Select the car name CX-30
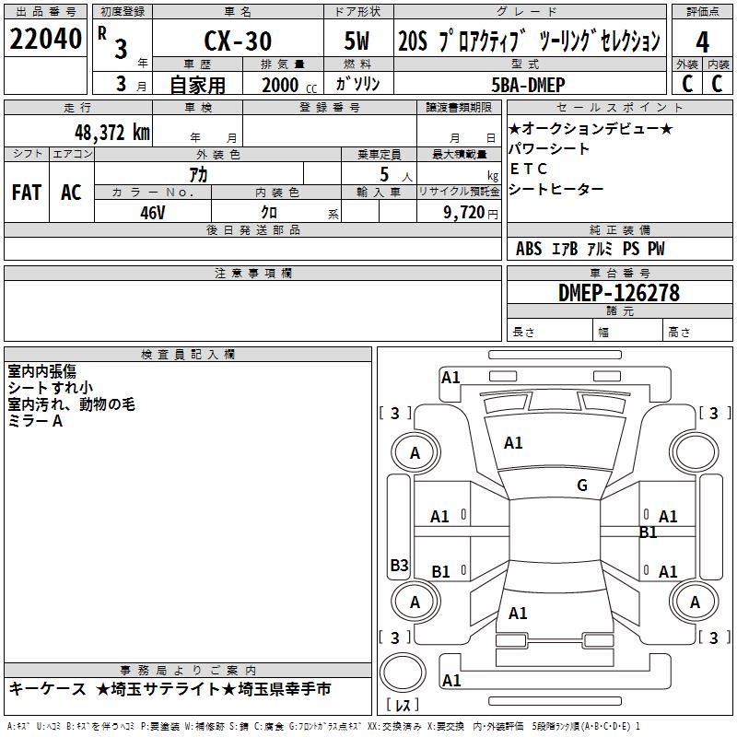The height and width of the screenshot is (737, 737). click(x=236, y=41)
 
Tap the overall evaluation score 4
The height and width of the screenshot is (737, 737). click(x=702, y=41)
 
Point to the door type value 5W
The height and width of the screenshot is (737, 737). click(x=357, y=41)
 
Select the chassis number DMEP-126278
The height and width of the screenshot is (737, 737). click(x=619, y=293)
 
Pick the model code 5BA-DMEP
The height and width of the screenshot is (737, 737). click(x=533, y=84)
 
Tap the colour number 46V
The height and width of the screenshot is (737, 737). click(x=153, y=211)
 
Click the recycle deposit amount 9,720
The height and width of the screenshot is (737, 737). click(x=464, y=212)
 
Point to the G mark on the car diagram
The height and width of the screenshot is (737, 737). click(x=581, y=485)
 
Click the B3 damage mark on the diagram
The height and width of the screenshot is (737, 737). click(x=399, y=566)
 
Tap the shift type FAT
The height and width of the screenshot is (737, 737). click(x=26, y=193)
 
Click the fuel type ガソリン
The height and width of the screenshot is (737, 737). click(x=358, y=84)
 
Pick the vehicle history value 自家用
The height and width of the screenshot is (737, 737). click(x=197, y=85)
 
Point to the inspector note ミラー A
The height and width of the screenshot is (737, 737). click(x=36, y=420)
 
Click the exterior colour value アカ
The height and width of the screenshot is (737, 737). click(x=197, y=174)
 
